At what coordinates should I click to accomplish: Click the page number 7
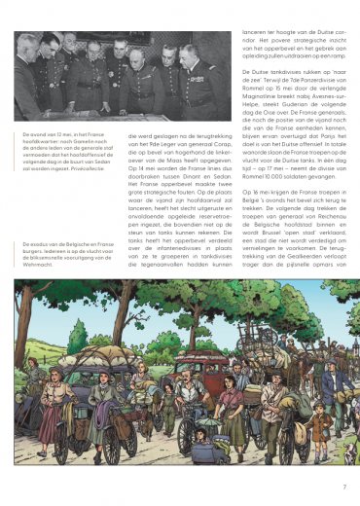(344, 488)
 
